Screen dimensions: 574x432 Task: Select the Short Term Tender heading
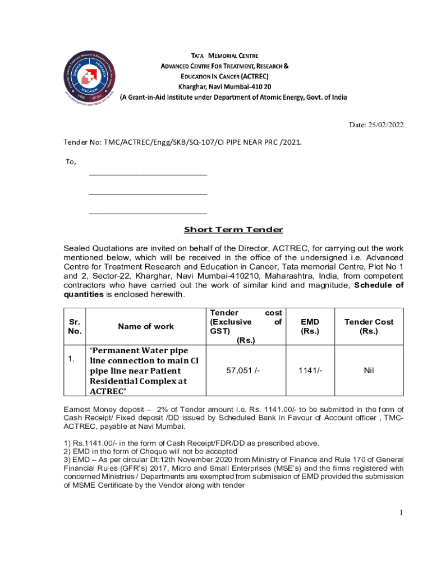pyautogui.click(x=233, y=230)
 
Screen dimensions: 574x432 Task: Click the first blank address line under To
pyautogui.click(x=148, y=174)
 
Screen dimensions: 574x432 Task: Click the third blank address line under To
pyautogui.click(x=148, y=213)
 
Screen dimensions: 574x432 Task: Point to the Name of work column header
pyautogui.click(x=146, y=326)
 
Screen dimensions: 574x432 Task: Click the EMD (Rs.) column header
pyautogui.click(x=310, y=326)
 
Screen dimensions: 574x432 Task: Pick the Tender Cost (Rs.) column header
pyautogui.click(x=369, y=326)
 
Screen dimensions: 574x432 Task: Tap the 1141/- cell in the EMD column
pyautogui.click(x=310, y=371)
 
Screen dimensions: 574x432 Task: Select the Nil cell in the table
pyautogui.click(x=369, y=371)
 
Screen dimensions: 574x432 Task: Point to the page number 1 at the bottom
pyautogui.click(x=401, y=512)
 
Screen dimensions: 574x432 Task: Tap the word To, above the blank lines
pyautogui.click(x=71, y=162)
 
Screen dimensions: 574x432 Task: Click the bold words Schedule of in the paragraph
pyautogui.click(x=378, y=285)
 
